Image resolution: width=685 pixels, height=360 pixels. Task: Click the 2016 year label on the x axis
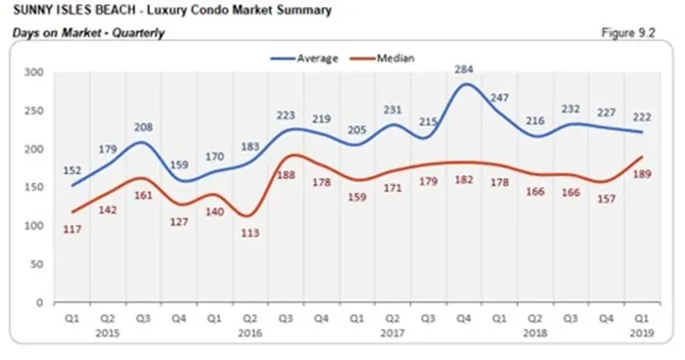250,332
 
